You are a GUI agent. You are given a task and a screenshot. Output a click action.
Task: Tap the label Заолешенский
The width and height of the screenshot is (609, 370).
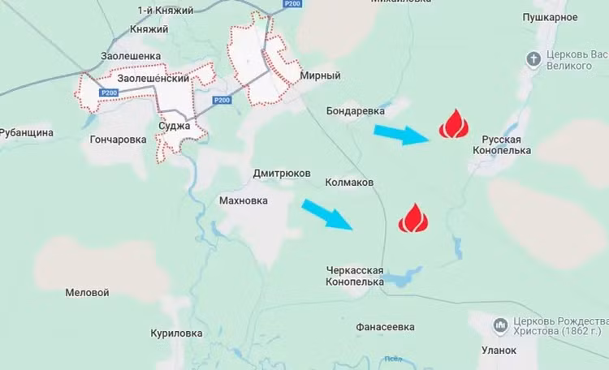pyautogui.click(x=153, y=80)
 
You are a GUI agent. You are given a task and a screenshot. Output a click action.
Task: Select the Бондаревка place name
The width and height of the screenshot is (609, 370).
pyautogui.click(x=355, y=110)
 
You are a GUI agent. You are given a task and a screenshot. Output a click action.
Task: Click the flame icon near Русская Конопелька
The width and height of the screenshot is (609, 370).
pyautogui.click(x=454, y=125)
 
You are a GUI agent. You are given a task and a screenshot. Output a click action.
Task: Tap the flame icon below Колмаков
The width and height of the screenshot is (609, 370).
pyautogui.click(x=412, y=218)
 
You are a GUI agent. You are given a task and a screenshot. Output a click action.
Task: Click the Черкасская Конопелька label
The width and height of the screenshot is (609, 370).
pyautogui.click(x=353, y=277)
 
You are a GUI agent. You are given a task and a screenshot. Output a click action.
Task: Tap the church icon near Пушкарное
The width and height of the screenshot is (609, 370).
pyautogui.click(x=533, y=58)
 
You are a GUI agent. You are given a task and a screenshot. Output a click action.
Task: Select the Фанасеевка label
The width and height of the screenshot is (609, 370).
pyautogui.click(x=385, y=327)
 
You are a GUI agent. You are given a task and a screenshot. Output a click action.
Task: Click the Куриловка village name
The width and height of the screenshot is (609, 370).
pyautogui.click(x=176, y=333)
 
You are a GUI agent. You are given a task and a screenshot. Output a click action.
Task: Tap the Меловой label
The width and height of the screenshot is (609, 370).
pyautogui.click(x=87, y=292)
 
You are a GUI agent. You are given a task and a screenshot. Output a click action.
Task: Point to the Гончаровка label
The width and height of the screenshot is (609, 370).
pyautogui.click(x=119, y=139)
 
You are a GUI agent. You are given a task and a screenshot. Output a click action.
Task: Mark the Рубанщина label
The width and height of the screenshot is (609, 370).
pyautogui.click(x=27, y=132)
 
